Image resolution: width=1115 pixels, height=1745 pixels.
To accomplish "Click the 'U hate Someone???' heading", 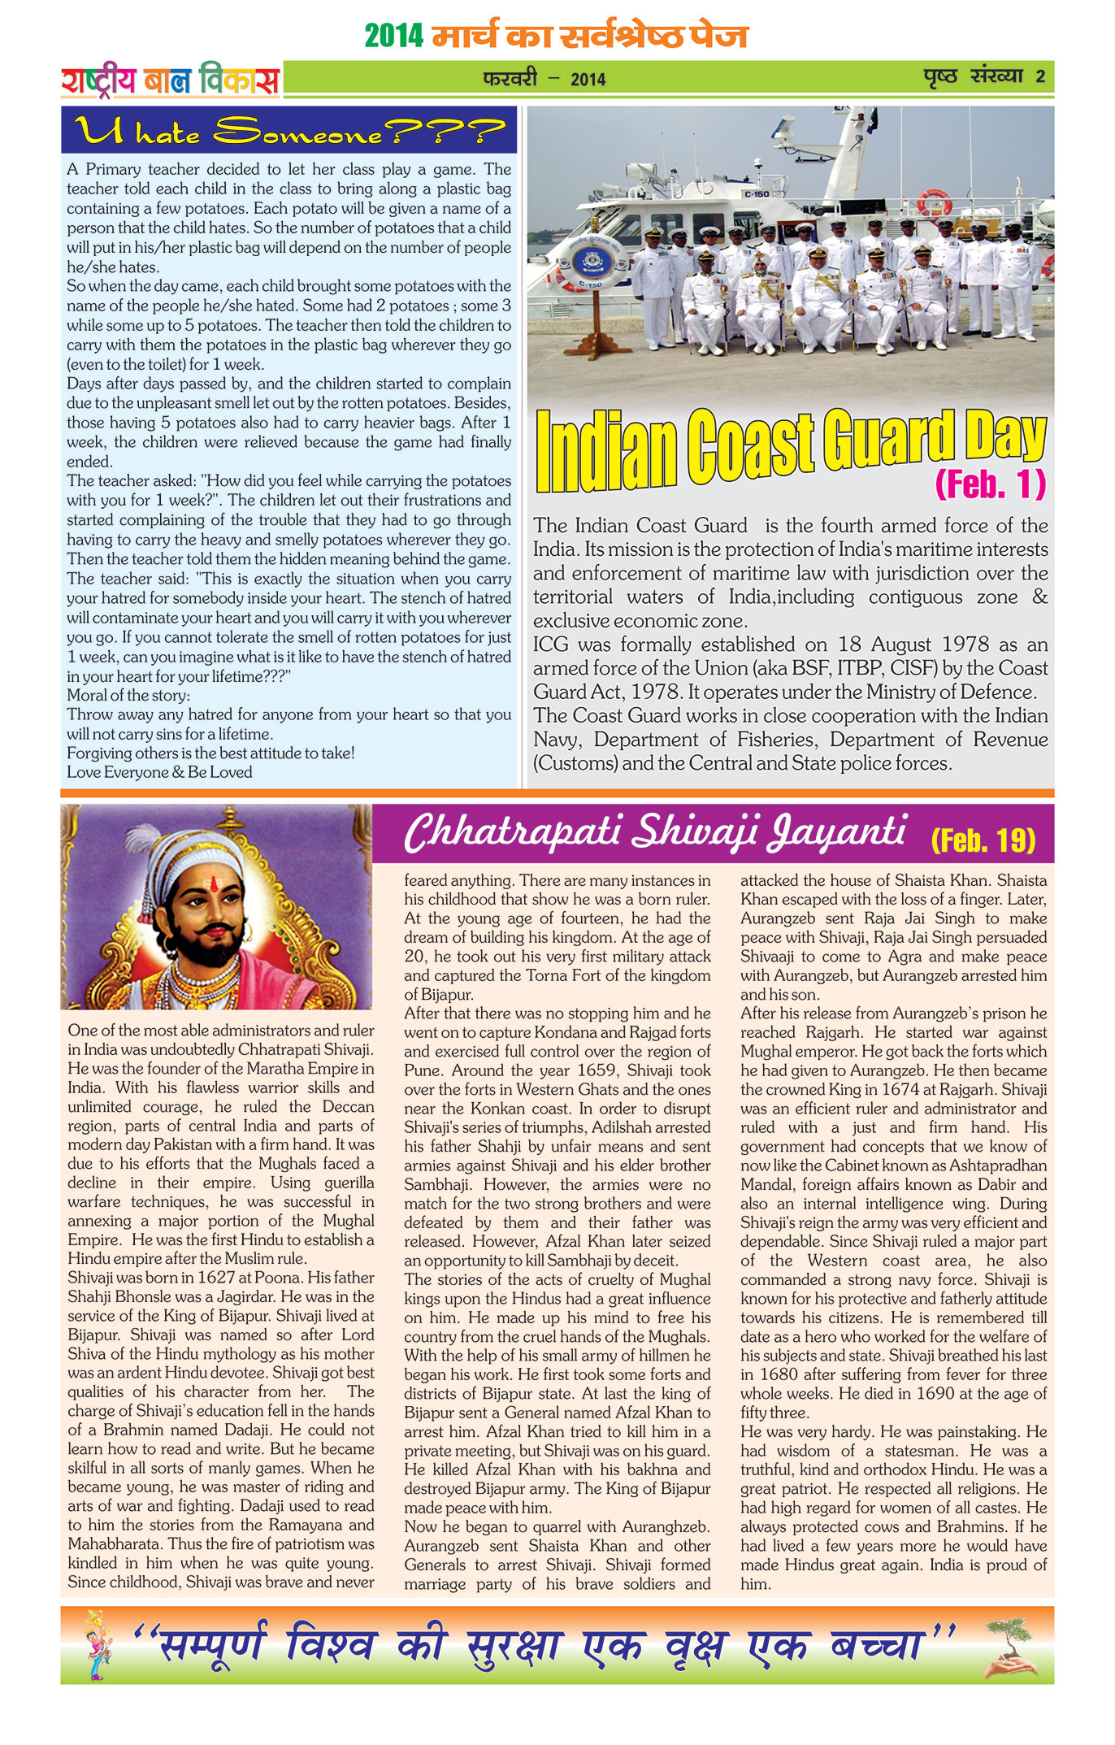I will click(289, 130).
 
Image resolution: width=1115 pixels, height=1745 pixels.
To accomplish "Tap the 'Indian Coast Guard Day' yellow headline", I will click(790, 451).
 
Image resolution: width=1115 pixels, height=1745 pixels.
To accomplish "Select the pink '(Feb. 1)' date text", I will click(990, 484).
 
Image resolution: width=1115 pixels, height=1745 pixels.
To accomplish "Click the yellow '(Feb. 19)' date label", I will click(983, 840).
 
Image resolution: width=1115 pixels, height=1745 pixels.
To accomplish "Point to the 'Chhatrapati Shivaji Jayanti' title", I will click(654, 833).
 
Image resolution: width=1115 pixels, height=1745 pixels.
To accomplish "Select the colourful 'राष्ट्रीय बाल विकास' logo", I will click(171, 80).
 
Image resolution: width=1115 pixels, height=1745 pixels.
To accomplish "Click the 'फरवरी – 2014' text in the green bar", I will click(544, 79).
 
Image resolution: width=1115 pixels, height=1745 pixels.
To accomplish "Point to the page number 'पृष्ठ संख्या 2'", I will click(984, 77).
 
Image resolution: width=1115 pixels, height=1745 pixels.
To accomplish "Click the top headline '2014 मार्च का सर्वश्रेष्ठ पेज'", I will click(556, 37).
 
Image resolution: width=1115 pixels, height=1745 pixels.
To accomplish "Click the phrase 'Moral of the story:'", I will click(128, 696).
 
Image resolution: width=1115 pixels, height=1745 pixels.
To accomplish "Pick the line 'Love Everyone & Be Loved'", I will click(159, 772).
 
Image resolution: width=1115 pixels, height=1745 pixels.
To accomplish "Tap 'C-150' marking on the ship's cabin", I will click(756, 194).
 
